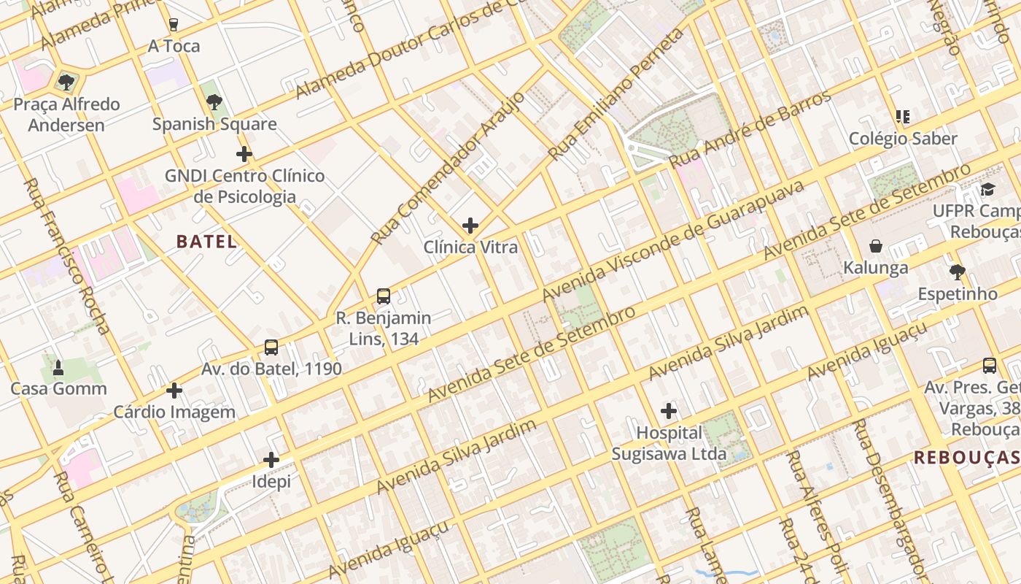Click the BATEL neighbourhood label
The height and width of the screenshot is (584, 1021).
click(206, 242)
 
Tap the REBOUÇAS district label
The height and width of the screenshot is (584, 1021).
click(966, 458)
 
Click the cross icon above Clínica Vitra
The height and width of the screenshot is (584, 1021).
click(470, 226)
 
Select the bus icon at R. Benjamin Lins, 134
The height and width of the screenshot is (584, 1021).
click(384, 296)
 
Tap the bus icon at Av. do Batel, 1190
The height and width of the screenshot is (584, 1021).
click(271, 347)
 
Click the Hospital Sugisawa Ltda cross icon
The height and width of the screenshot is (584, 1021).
click(669, 411)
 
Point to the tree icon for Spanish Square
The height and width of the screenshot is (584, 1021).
click(214, 102)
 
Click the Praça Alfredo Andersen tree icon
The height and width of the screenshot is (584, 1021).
click(66, 82)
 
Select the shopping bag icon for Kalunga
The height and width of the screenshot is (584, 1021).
click(875, 246)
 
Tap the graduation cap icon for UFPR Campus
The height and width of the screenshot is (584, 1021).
click(987, 190)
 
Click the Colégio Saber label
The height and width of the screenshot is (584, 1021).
click(903, 139)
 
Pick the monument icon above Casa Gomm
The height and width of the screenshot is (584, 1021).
click(58, 367)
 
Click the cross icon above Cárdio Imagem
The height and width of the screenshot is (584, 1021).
click(174, 391)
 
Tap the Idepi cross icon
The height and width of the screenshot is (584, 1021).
click(271, 460)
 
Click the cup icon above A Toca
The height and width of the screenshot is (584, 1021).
click(174, 25)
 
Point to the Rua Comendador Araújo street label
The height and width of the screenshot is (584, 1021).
click(447, 169)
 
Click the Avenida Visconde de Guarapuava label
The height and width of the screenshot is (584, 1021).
click(672, 240)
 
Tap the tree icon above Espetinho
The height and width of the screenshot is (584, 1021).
click(957, 272)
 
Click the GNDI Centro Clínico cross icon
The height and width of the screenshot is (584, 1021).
click(244, 154)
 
